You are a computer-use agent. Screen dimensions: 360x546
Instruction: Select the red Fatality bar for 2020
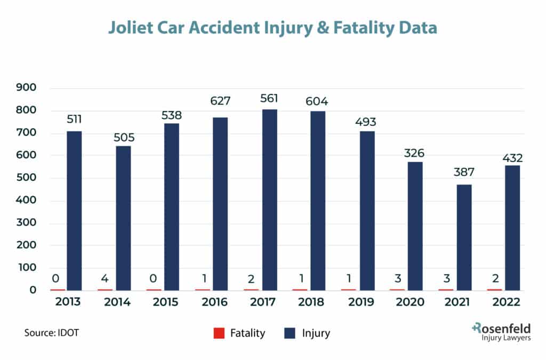[x=397, y=290]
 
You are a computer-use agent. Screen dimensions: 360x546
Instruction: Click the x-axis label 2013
[x=67, y=302]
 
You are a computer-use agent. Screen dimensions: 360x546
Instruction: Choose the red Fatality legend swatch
[x=219, y=333]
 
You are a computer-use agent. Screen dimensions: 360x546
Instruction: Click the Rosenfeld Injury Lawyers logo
[x=501, y=332]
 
